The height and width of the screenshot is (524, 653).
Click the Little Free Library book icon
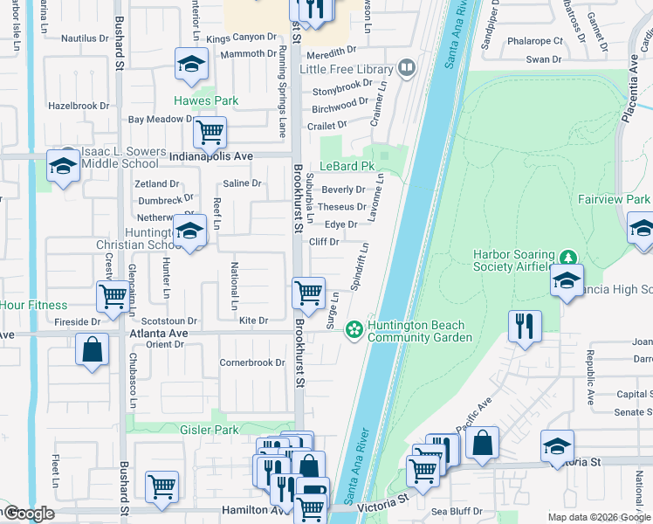pos(406,68)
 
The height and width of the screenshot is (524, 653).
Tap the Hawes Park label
pos(206,100)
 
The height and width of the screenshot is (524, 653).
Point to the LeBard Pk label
pos(347,165)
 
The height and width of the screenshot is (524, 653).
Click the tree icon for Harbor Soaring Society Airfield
pos(568,257)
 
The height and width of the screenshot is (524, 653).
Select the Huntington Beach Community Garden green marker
pos(354,330)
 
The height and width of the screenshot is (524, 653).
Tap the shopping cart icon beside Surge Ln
pos(307,293)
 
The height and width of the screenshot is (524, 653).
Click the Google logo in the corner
pos(28,514)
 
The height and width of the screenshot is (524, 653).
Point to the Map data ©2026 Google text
pos(598,517)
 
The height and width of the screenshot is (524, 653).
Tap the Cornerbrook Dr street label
pos(252,362)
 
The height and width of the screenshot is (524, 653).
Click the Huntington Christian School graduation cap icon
pos(188,231)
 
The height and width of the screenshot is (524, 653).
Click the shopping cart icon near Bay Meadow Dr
pos(210,133)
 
